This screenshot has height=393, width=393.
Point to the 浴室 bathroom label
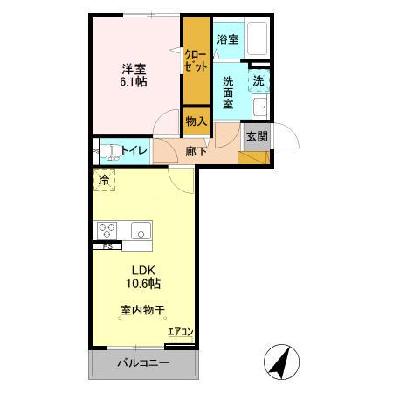point(228,39)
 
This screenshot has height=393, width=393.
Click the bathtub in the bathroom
point(257,40)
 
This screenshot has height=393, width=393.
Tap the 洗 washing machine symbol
point(259,81)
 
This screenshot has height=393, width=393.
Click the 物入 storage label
point(196,121)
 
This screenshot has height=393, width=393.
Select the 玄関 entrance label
point(257,136)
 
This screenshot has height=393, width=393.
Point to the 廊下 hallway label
point(196,151)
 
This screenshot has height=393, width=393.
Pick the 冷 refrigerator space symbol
point(105,181)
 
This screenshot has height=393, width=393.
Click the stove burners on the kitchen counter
point(107,230)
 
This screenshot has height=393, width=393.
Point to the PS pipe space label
point(107,245)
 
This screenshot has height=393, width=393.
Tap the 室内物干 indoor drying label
point(143,310)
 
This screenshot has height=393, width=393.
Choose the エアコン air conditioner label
point(180,331)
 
